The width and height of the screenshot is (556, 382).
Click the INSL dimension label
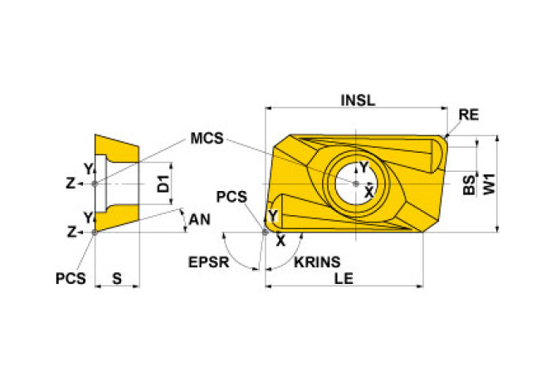coord(358,100)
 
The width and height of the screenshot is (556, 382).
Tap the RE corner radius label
coord(468,115)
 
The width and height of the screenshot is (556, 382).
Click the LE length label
coord(344,279)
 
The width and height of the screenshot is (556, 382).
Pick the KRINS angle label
coord(316,261)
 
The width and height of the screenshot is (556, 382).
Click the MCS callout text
coord(207,138)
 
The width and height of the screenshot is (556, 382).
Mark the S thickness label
coord(117,279)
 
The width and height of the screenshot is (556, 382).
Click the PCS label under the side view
coord(71,279)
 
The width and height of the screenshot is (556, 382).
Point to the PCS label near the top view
coord(231,196)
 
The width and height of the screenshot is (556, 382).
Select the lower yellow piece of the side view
coord(115,218)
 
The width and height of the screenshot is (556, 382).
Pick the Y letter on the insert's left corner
coord(273,217)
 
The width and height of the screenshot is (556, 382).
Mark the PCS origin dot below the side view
coord(95,232)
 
